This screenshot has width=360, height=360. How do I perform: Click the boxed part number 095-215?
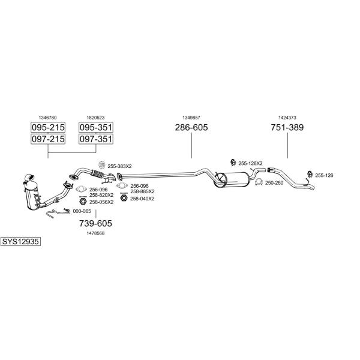click(x=48, y=127)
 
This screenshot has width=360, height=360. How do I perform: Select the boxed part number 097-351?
click(x=96, y=139)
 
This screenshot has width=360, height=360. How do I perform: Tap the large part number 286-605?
click(x=191, y=127)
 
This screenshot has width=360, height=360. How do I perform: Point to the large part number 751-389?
click(x=287, y=127)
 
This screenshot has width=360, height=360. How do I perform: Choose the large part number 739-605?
click(x=96, y=223)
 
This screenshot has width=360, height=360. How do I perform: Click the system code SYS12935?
click(x=20, y=242)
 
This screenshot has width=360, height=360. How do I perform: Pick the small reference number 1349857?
click(x=191, y=118)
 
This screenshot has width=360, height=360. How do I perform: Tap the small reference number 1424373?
click(x=287, y=118)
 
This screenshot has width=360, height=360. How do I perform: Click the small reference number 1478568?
click(x=95, y=233)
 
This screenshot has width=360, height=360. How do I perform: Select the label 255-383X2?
click(x=119, y=166)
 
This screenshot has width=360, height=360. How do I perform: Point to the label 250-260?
click(x=274, y=183)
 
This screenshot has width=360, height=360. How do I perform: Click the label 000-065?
click(x=82, y=211)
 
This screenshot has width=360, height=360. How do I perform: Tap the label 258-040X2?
click(x=142, y=199)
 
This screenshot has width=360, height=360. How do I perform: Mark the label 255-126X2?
click(x=250, y=163)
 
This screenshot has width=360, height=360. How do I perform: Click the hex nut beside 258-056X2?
click(x=83, y=202)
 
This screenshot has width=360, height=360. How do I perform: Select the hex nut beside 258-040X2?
click(x=124, y=198)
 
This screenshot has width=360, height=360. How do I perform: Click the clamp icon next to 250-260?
click(x=259, y=182)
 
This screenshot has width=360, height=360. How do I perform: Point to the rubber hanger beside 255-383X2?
click(x=102, y=165)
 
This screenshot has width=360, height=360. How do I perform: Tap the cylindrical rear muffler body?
click(x=232, y=180)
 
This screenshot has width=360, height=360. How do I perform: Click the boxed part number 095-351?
click(x=96, y=127)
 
